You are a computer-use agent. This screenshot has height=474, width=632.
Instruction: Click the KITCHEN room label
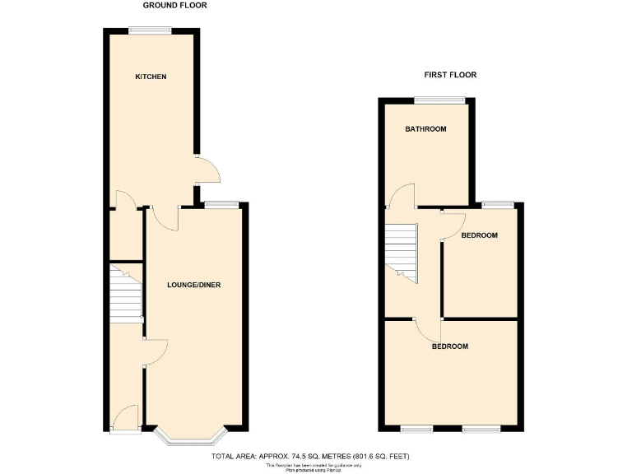pyautogui.click(x=151, y=77)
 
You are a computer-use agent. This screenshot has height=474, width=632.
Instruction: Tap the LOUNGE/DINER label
pyautogui.click(x=194, y=286)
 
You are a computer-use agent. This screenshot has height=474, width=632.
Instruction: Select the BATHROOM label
pyautogui.click(x=425, y=129)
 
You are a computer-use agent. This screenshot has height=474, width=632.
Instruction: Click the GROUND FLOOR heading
pyautogui.click(x=175, y=5)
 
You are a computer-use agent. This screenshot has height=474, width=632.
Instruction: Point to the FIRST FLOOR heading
pyautogui.click(x=450, y=75)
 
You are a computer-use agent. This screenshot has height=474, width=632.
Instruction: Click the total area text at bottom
pyautogui.click(x=310, y=456)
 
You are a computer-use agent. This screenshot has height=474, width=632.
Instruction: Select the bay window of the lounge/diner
pyautogui.click(x=195, y=438)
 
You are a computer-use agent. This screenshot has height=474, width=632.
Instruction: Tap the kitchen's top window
pyautogui.click(x=150, y=30)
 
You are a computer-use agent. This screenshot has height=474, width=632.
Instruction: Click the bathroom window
pyautogui.click(x=439, y=100)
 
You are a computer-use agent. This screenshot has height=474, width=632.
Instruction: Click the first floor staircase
pyautogui.click(x=403, y=251)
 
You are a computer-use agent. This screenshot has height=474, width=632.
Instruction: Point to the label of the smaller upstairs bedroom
pyautogui.click(x=479, y=236)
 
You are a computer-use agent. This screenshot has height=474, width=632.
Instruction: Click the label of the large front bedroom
pyautogui.click(x=450, y=346)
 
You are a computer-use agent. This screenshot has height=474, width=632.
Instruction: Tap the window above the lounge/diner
pyautogui.click(x=222, y=203)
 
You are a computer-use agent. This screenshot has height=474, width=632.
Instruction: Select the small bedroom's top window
pyautogui.click(x=499, y=203)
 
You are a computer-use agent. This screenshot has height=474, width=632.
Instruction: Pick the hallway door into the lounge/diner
pyautogui.click(x=156, y=351)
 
